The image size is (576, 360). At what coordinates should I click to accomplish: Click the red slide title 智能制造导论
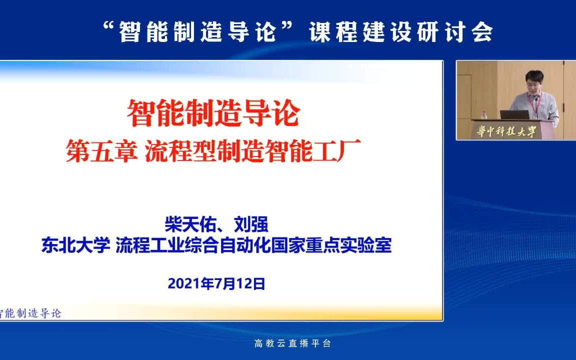point(213,113)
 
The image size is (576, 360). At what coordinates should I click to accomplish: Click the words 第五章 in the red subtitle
point(101,151)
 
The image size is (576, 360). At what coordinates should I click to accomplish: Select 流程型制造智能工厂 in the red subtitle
point(252,151)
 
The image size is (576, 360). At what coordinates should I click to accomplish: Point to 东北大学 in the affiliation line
point(75,246)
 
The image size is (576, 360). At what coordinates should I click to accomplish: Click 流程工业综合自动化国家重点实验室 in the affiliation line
point(253,246)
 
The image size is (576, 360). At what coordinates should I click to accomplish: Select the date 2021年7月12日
point(216,284)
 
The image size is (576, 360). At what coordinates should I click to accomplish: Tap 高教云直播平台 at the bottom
point(292,343)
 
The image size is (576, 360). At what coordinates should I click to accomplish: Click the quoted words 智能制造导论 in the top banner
point(197,32)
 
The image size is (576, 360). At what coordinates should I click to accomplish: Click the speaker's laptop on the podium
point(513,114)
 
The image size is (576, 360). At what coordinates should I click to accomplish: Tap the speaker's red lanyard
point(539,105)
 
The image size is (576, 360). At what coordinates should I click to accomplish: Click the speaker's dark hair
point(534,75)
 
